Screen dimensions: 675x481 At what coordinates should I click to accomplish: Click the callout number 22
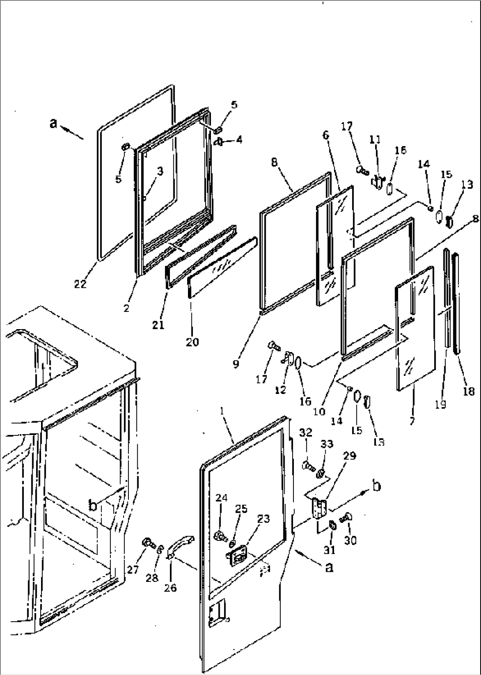pos(80,285)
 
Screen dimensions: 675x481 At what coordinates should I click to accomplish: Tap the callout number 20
pos(192,341)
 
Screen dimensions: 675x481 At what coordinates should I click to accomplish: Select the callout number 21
pos(158,325)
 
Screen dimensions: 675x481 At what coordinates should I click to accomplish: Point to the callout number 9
pos(236,364)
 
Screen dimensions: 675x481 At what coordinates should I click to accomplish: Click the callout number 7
pos(412,421)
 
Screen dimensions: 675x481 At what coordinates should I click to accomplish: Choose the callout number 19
pos(440,404)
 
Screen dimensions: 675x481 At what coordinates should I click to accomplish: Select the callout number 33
pos(327,444)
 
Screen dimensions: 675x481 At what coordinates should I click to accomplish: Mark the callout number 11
pos(375,140)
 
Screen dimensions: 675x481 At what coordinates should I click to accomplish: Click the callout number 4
pos(239,140)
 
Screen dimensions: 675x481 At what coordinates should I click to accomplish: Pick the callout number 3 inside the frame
pos(160,171)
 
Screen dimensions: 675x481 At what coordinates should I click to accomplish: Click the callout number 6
pos(326,135)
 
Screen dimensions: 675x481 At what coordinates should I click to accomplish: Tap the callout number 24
pos(222,498)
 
